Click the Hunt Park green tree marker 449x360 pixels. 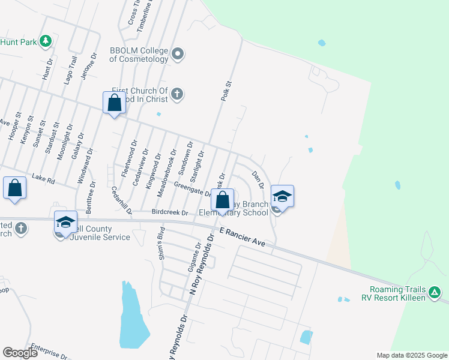(x=45, y=41)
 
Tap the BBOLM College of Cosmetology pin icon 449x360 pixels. (x=178, y=55)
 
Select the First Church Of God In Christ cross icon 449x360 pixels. (x=176, y=94)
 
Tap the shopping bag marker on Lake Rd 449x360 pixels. (x=14, y=187)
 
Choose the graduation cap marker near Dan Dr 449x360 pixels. (x=282, y=196)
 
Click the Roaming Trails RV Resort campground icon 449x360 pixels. (x=435, y=293)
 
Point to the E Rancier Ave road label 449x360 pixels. (x=243, y=236)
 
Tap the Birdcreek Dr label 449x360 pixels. (x=170, y=212)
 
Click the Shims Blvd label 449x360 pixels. (x=161, y=245)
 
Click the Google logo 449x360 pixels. (x=20, y=353)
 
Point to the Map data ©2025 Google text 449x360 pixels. (x=412, y=355)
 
